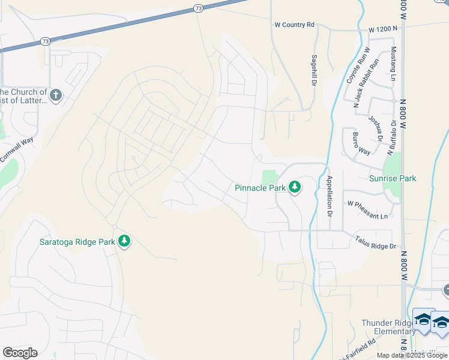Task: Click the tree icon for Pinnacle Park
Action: pos(295,188)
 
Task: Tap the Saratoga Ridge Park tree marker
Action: pos(124,242)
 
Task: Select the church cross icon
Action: pos(55,95)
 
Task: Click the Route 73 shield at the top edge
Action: pos(198,8)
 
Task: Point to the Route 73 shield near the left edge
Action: pos(46,41)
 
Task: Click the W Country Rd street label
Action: pos(294,25)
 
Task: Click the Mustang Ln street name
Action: pos(393,64)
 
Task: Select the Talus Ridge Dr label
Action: pos(375,246)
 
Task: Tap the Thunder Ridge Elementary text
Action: pos(387,328)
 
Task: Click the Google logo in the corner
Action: pos(20,353)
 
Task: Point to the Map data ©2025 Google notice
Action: pos(412,355)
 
